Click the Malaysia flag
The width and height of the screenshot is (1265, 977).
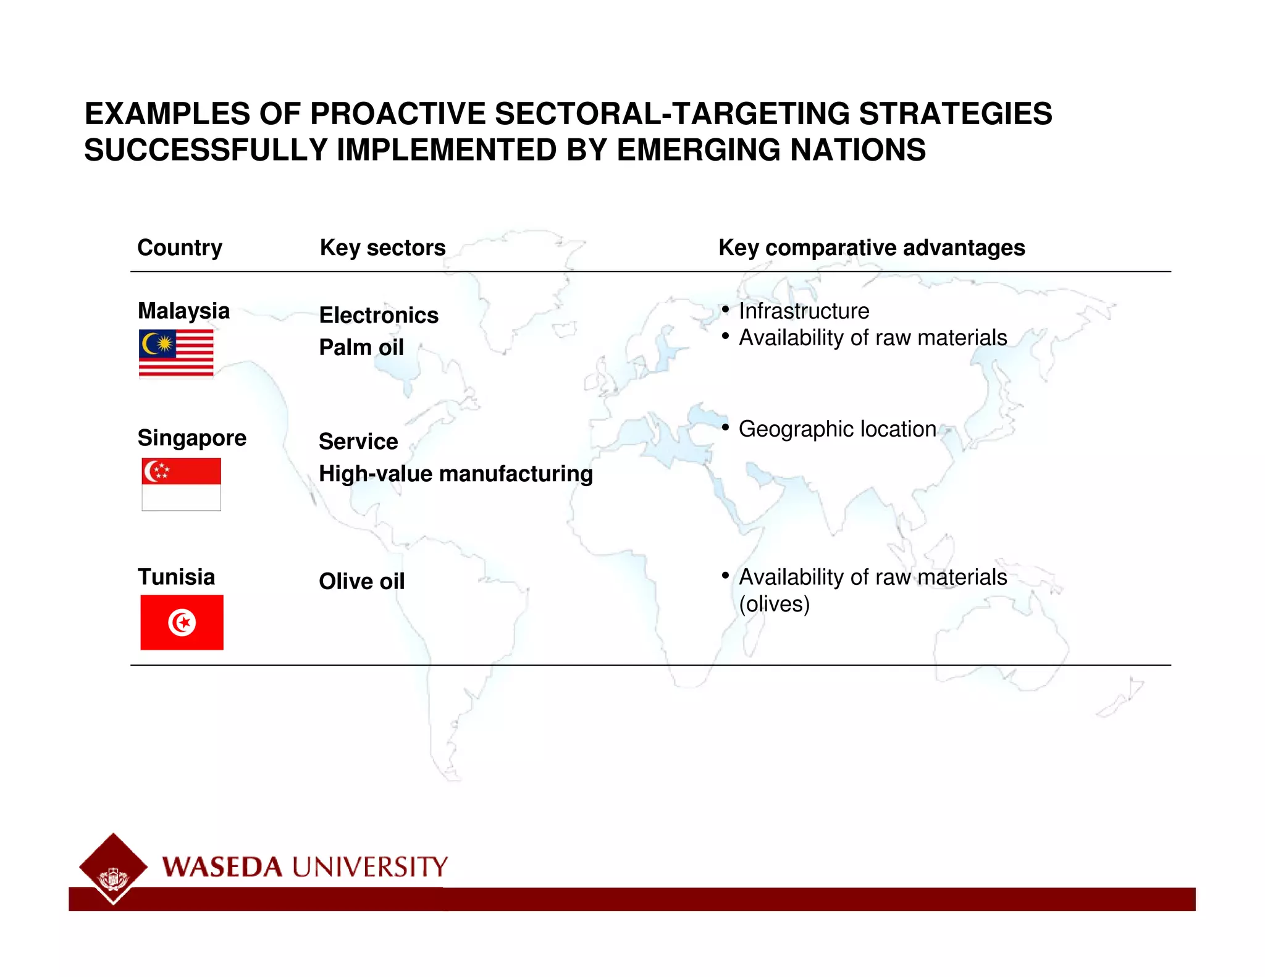click(x=176, y=353)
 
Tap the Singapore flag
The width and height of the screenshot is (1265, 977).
click(x=181, y=484)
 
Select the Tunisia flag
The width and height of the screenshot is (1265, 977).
click(x=182, y=622)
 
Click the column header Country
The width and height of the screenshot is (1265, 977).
click(x=180, y=248)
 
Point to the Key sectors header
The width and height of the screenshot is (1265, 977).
click(x=382, y=248)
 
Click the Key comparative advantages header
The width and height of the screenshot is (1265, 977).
click(x=872, y=248)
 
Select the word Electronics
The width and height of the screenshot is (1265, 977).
click(x=379, y=315)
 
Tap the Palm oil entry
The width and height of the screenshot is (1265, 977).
click(x=361, y=347)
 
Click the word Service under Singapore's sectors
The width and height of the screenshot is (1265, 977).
click(x=358, y=442)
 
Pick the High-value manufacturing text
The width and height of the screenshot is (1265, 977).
click(x=456, y=474)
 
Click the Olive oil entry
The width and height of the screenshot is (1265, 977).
click(x=362, y=581)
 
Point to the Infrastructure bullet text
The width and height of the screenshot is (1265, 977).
click(x=804, y=311)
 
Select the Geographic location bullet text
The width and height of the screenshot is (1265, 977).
click(x=837, y=429)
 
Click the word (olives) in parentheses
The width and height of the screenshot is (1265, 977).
click(x=774, y=604)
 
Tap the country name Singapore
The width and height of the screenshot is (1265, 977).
click(x=192, y=438)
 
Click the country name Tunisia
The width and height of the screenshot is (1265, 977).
click(x=177, y=577)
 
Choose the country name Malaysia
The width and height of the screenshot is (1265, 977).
click(x=184, y=311)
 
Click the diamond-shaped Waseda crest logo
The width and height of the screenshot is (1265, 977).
click(x=113, y=868)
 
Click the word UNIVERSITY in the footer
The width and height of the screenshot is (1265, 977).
click(x=369, y=867)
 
